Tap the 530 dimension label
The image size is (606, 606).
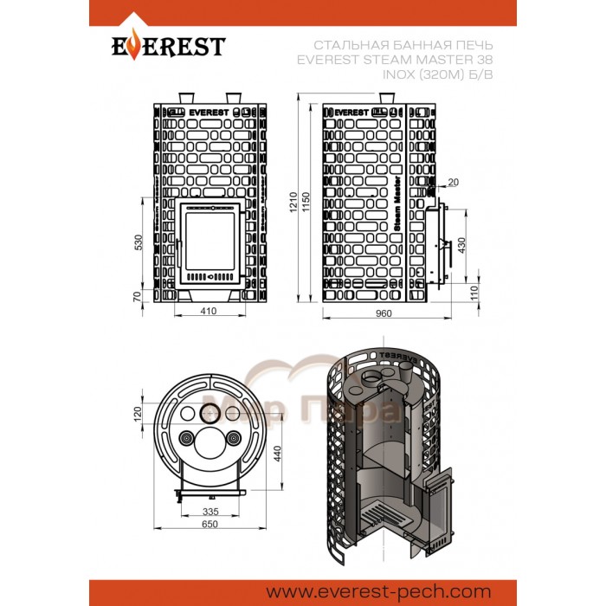(137, 242)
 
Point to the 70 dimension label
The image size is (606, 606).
(137, 297)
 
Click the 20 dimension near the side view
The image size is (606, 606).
(454, 181)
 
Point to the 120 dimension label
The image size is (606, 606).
(136, 415)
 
